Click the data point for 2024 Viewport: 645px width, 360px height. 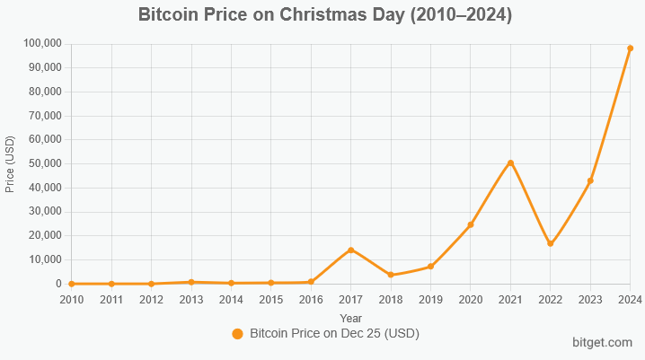click(x=630, y=48)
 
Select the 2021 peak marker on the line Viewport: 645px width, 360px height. click(x=510, y=162)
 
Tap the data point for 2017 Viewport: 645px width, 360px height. click(x=350, y=250)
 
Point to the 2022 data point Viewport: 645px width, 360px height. click(x=550, y=243)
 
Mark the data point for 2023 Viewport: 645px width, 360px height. click(x=590, y=180)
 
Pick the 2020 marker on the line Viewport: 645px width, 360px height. click(x=471, y=224)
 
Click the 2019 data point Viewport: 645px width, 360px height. click(x=430, y=267)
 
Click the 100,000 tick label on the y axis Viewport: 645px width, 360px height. click(x=40, y=43)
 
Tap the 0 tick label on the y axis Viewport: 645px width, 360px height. click(x=57, y=284)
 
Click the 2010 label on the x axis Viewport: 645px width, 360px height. click(x=72, y=299)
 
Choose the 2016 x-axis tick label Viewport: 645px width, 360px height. click(x=311, y=299)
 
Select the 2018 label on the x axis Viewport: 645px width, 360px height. click(x=391, y=299)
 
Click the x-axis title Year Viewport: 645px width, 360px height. click(x=351, y=317)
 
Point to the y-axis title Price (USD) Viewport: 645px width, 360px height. click(x=11, y=163)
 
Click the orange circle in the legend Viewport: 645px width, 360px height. click(x=238, y=333)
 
